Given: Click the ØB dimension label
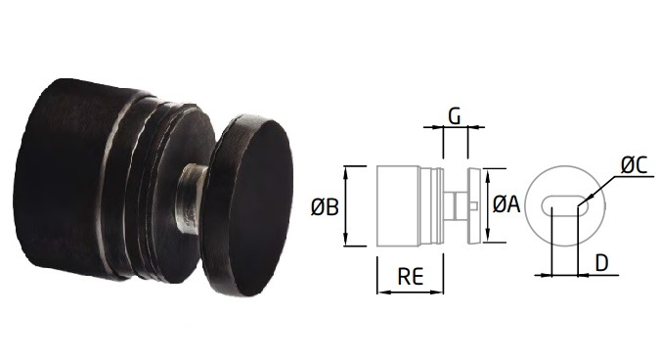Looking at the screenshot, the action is click(325, 207).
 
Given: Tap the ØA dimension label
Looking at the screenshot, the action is click(506, 204).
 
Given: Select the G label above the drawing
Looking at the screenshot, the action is click(455, 115).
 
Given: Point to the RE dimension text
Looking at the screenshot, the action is click(411, 277).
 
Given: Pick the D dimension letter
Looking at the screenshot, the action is click(602, 263).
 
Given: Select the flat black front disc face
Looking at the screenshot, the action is click(261, 206).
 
